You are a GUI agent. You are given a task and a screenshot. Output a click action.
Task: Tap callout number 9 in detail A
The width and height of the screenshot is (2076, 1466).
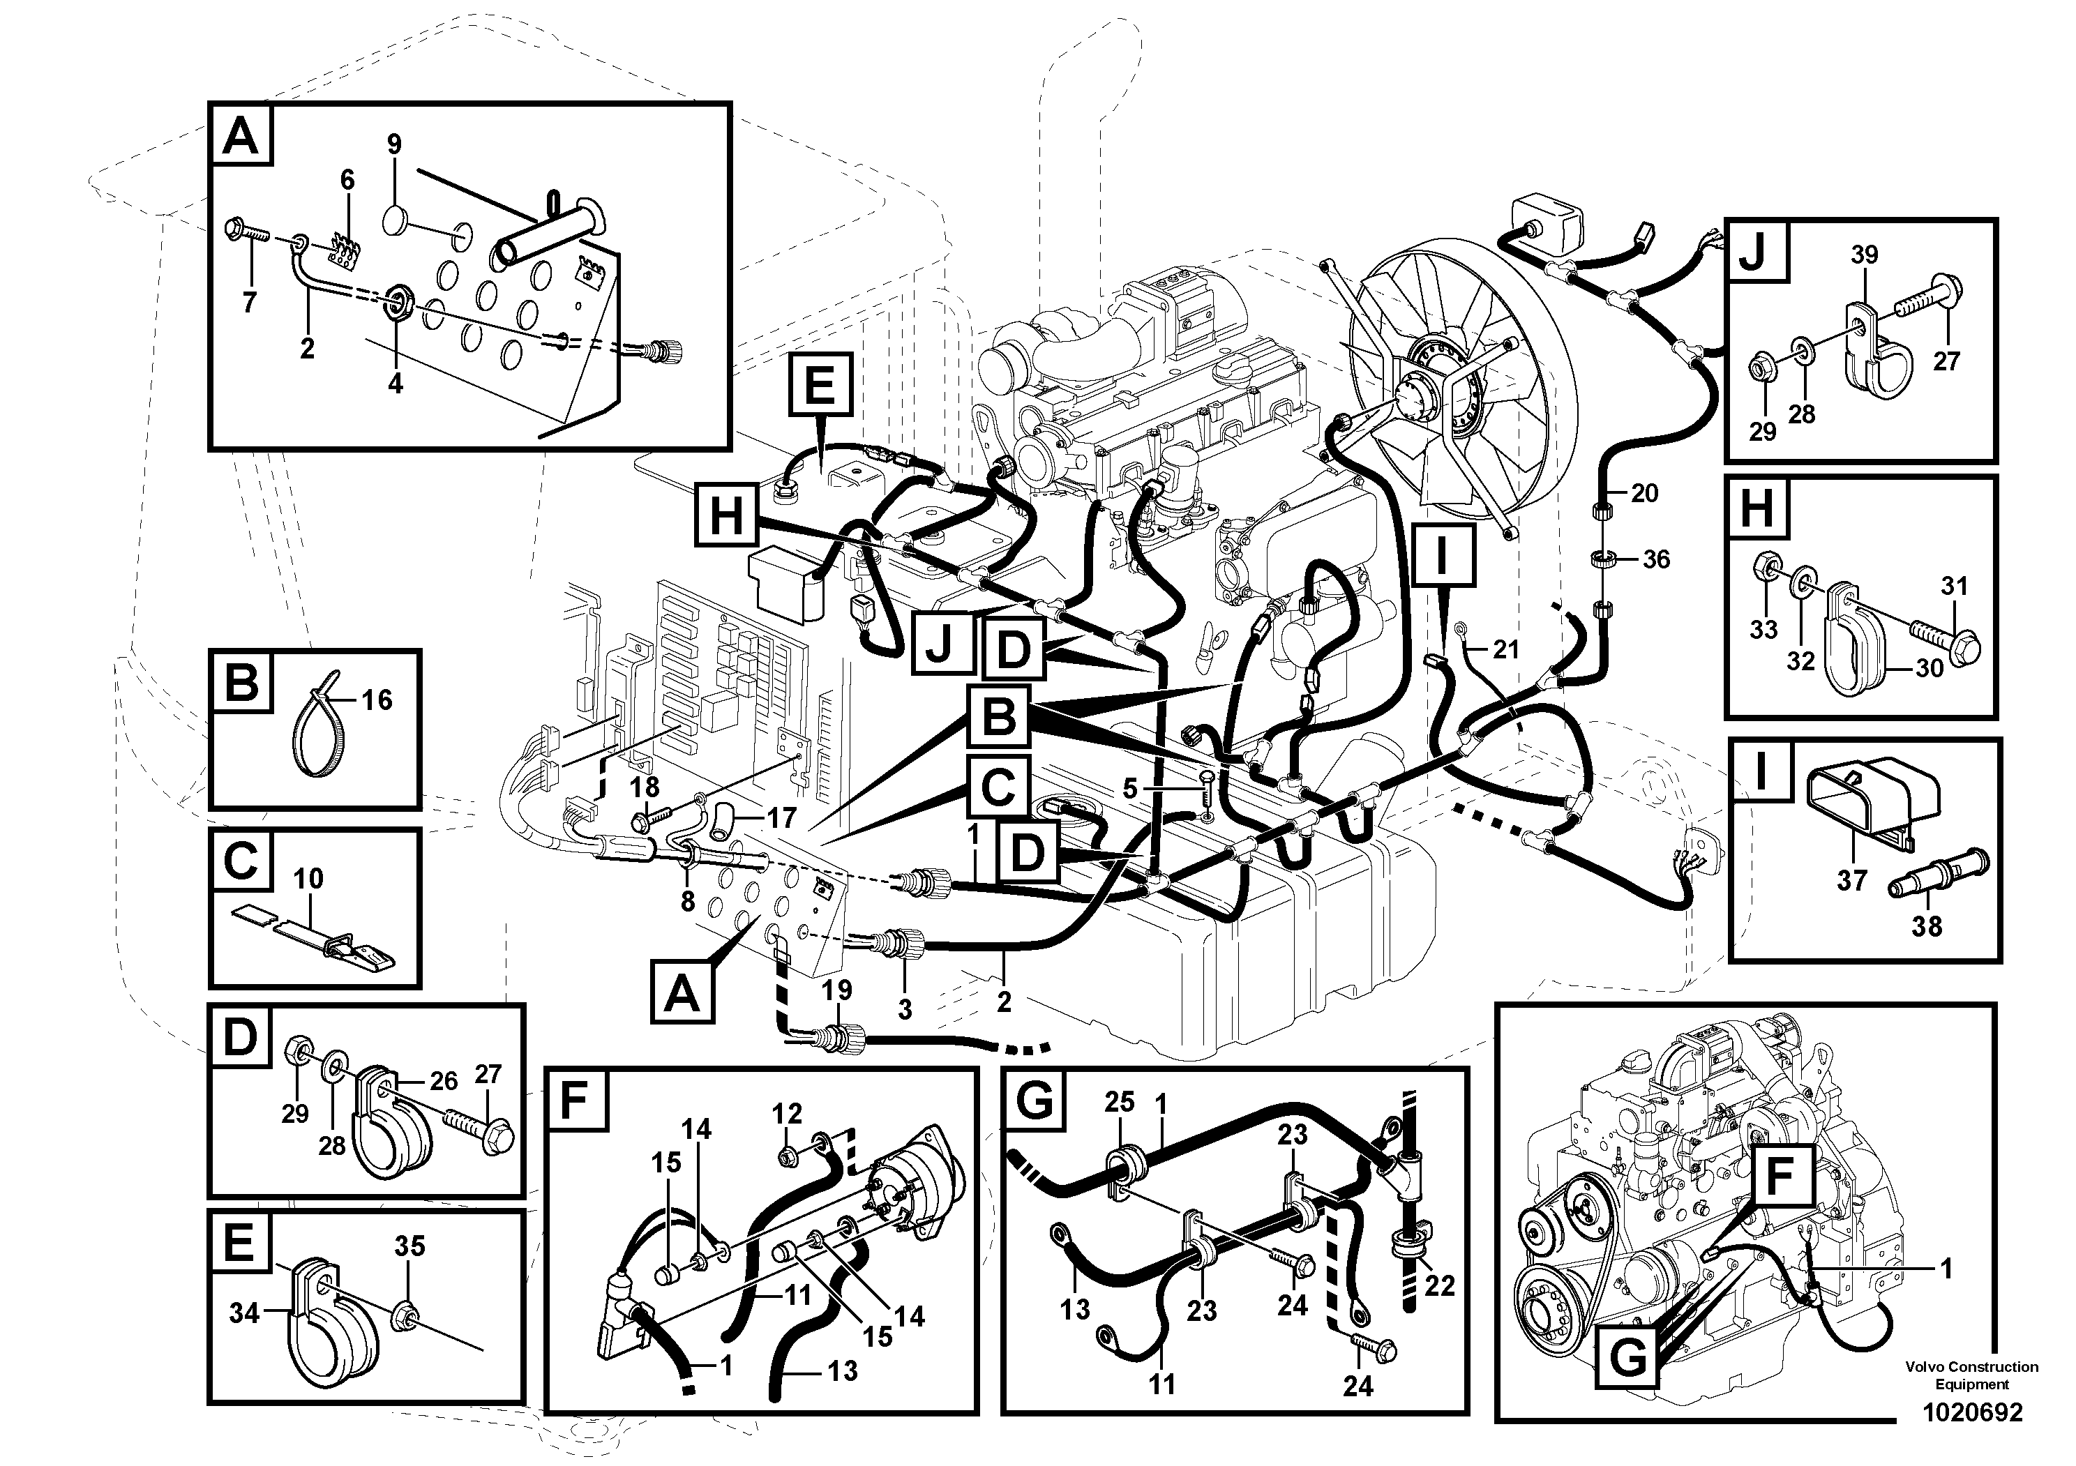pyautogui.click(x=394, y=144)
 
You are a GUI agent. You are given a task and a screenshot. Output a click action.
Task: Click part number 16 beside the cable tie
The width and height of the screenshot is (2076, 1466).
pyautogui.click(x=377, y=700)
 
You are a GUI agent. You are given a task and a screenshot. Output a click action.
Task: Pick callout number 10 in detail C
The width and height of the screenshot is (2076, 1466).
pyautogui.click(x=308, y=879)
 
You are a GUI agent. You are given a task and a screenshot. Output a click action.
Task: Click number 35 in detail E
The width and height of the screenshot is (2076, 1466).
pyautogui.click(x=409, y=1246)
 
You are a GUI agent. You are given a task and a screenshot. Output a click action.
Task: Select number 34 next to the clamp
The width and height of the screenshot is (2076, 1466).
pyautogui.click(x=244, y=1313)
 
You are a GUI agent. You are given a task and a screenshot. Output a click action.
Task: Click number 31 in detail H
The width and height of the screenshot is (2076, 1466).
pyautogui.click(x=1954, y=586)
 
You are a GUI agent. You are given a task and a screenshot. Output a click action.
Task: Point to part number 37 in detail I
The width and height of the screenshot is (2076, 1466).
pyautogui.click(x=1851, y=879)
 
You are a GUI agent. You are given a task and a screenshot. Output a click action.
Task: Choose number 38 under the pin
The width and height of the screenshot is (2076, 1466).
pyautogui.click(x=1926, y=926)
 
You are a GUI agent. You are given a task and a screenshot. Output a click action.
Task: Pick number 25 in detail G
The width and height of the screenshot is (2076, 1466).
pyautogui.click(x=1120, y=1103)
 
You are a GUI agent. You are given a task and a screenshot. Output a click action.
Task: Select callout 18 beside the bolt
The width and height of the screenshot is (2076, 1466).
pyautogui.click(x=645, y=786)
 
